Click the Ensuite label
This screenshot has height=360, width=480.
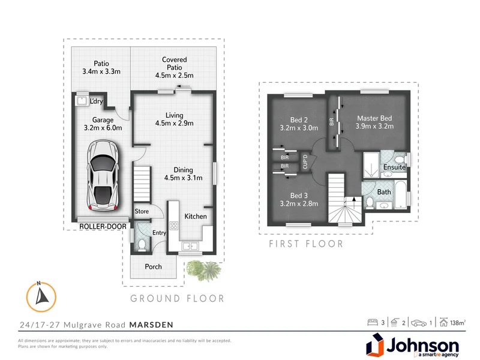point(395,167)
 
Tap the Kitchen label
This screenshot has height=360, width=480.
point(196,216)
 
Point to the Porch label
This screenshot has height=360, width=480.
point(154,266)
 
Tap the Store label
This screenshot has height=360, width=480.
point(142,211)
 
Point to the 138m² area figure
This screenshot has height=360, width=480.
point(457,323)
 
